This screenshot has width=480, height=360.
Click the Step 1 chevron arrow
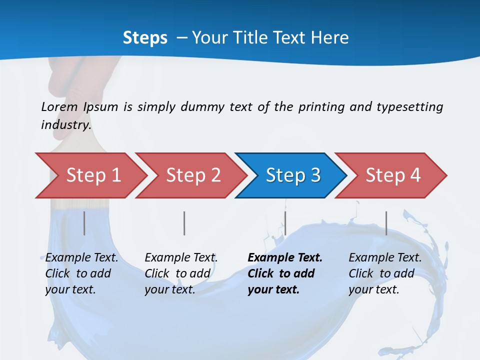tap(92, 175)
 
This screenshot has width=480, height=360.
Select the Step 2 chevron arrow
tap(192, 175)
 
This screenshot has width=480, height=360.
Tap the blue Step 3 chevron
tap(292, 175)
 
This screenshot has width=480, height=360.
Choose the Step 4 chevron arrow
tap(392, 175)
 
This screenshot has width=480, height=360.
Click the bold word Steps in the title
tap(145, 37)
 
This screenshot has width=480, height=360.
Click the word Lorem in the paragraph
tap(59, 106)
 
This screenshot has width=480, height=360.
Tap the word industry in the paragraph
tap(66, 124)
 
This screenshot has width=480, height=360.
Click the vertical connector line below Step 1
tap(84, 223)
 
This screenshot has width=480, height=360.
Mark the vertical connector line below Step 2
tap(184, 223)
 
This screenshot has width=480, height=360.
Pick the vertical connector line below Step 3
tap(285, 223)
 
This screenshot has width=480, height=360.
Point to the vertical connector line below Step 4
tap(386, 223)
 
